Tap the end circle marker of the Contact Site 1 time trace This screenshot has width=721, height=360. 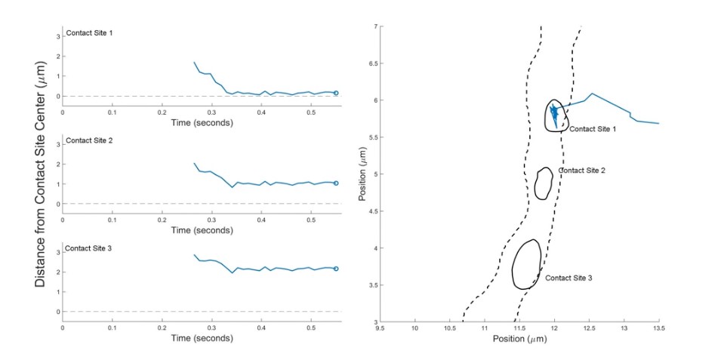pyautogui.click(x=336, y=93)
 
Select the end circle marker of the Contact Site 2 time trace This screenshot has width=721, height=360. pyautogui.click(x=336, y=183)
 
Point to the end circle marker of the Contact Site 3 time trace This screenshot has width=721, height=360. pyautogui.click(x=336, y=269)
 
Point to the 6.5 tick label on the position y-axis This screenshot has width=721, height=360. pyautogui.click(x=371, y=63)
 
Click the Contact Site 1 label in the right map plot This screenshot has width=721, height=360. pyautogui.click(x=593, y=129)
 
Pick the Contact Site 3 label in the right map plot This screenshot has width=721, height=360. pyautogui.click(x=568, y=278)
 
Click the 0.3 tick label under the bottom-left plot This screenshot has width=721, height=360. pyautogui.click(x=211, y=327)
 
